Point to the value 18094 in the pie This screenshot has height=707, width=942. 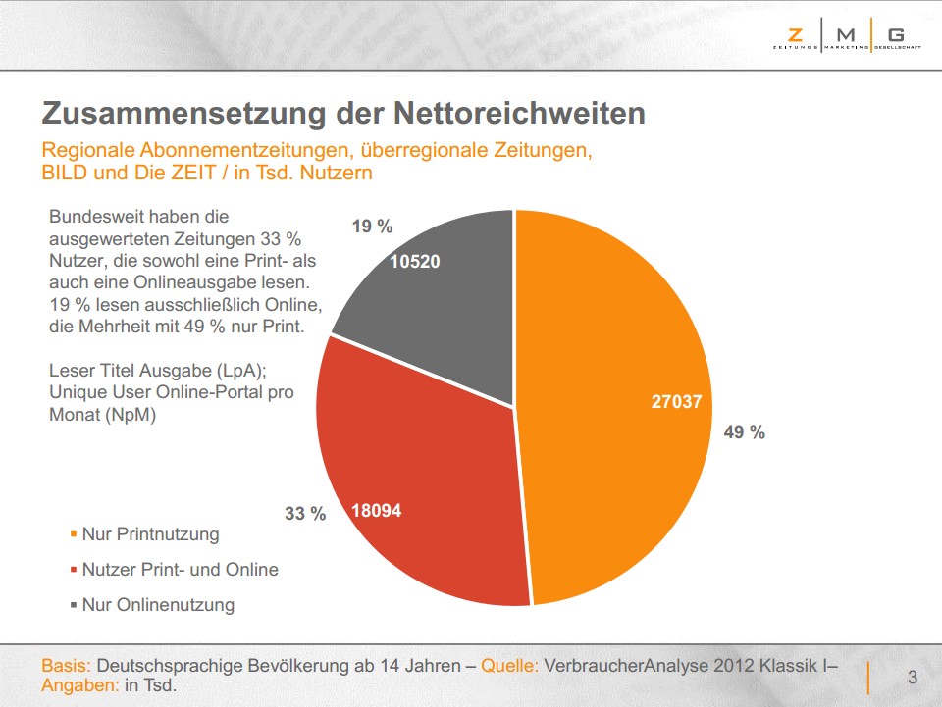coord(377,511)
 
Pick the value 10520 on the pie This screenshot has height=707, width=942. coord(415,261)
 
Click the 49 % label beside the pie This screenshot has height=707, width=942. coord(744,431)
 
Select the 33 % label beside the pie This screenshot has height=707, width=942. coord(305,513)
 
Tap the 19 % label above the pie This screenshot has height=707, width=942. coord(372,227)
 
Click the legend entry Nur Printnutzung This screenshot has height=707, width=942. coord(150,534)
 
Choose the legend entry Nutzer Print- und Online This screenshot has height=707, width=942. coord(180,570)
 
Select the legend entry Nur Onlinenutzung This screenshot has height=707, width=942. coord(158,605)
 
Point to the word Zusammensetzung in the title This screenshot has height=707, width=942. coord(183,113)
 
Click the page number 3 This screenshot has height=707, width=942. coord(913,677)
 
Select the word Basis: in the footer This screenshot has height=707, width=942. coord(66,666)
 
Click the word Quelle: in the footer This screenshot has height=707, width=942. coord(508,666)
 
